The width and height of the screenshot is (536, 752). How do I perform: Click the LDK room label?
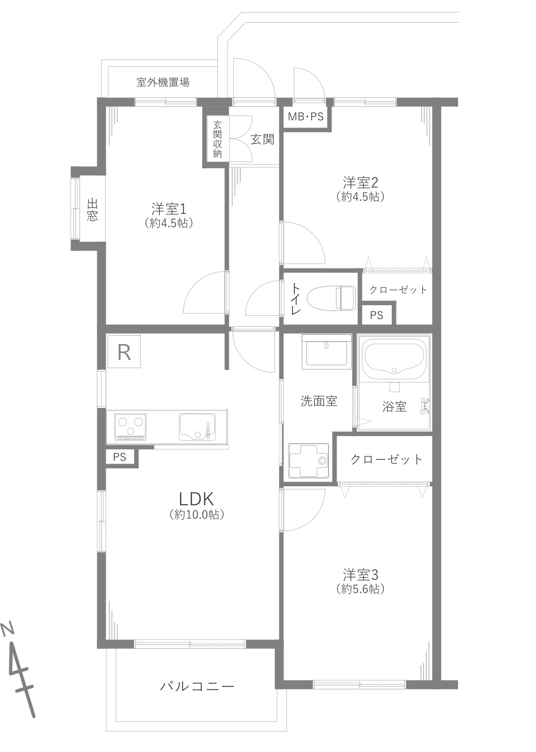click(196, 499)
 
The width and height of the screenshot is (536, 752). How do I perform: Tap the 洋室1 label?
click(168, 209)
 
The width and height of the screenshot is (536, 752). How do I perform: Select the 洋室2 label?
click(360, 183)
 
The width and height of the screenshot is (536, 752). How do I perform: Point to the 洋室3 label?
click(360, 575)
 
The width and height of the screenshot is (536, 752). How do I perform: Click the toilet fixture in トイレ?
click(332, 298)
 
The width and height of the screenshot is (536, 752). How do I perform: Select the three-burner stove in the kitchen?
click(130, 427)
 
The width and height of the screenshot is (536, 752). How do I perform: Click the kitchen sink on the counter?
click(197, 427)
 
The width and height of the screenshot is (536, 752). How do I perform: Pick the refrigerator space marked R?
click(124, 352)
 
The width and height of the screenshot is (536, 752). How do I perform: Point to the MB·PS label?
click(305, 116)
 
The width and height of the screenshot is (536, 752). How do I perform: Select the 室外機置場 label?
click(163, 82)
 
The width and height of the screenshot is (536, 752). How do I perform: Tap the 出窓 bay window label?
click(92, 209)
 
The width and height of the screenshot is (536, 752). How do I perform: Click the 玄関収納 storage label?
click(217, 139)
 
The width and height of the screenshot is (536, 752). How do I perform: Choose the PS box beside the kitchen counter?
click(120, 457)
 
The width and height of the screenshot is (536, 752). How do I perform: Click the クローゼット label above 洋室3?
click(386, 459)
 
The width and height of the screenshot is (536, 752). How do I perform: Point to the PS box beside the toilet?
click(377, 315)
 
